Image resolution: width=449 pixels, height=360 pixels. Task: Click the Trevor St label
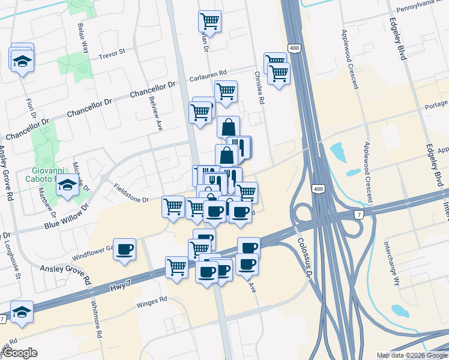click(112, 52)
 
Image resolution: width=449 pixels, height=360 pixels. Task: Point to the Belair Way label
click(83, 39)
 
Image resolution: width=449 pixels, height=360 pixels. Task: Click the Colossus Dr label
click(304, 257)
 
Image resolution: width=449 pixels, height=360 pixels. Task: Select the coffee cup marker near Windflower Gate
click(125, 249)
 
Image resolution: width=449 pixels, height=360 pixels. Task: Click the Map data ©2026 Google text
click(411, 355)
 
